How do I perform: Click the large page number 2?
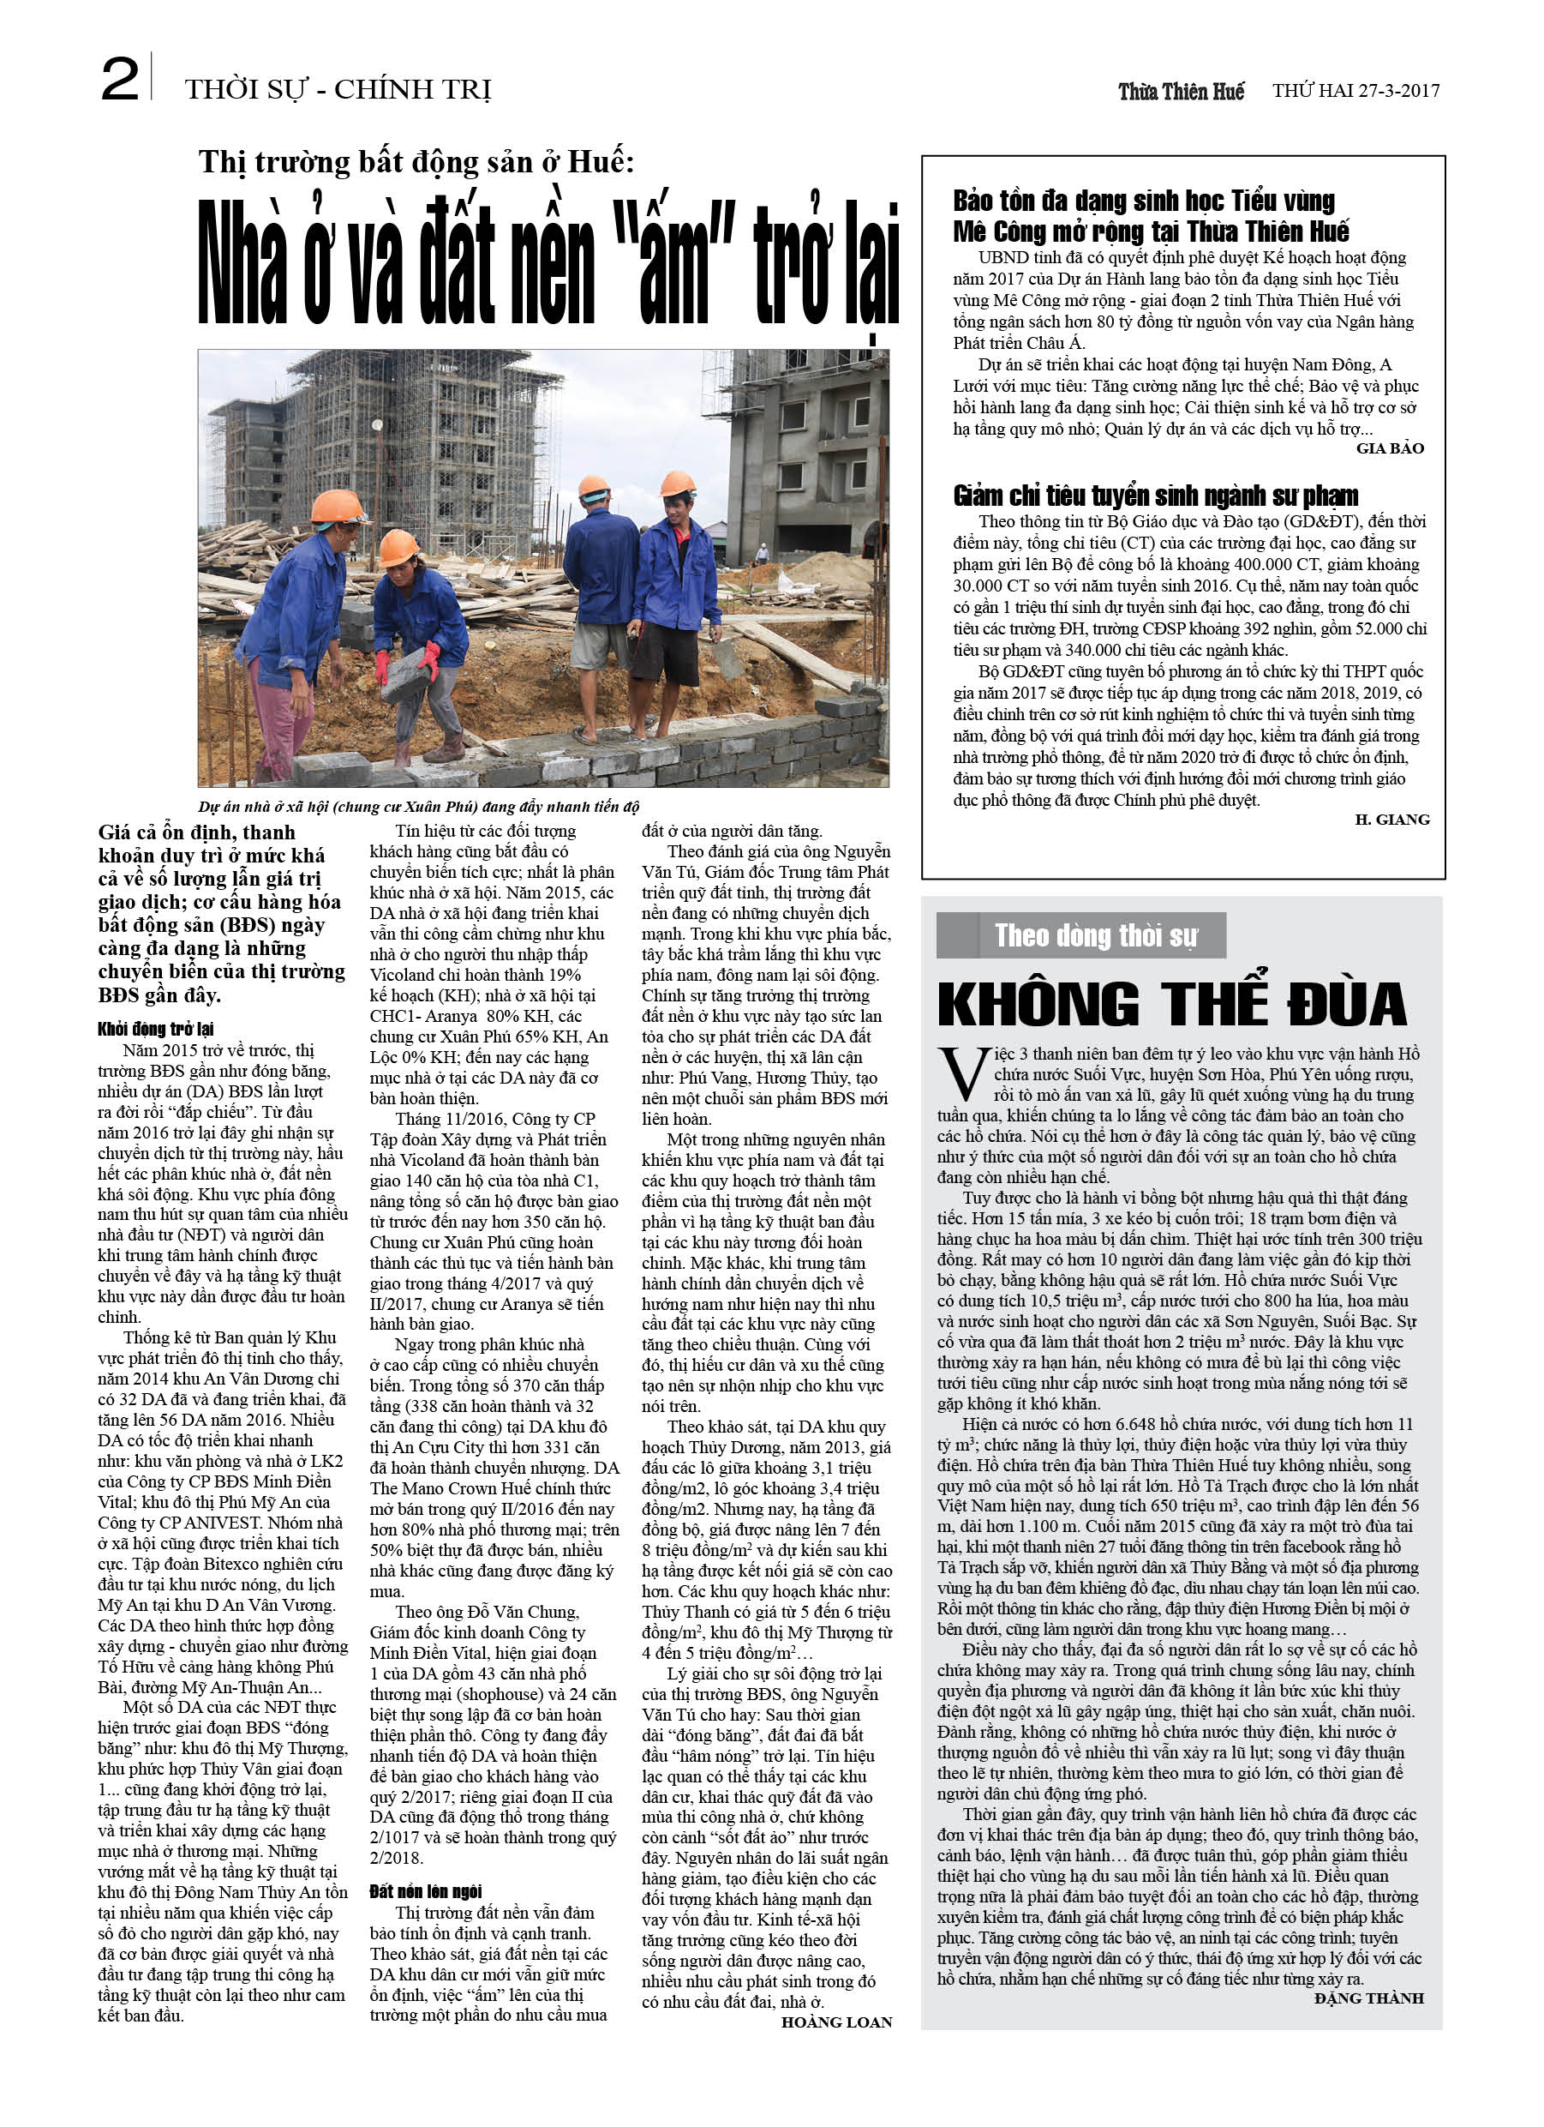[x=120, y=81]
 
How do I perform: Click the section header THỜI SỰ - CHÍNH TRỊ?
[x=338, y=90]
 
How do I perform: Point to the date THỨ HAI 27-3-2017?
[x=1355, y=91]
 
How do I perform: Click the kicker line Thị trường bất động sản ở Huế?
[x=416, y=162]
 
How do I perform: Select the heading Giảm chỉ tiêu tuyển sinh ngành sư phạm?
[x=1155, y=496]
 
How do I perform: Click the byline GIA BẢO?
[x=1389, y=449]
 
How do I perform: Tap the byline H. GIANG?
[x=1392, y=820]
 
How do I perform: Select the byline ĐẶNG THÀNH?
[x=1368, y=1998]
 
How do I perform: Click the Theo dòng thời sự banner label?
[x=1096, y=936]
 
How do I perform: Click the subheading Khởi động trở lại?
[x=156, y=1029]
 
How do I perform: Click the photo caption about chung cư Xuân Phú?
[x=418, y=807]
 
